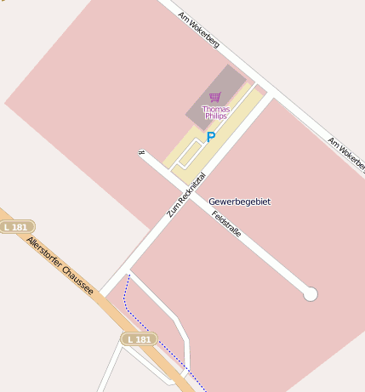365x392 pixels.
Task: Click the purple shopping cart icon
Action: [x=214, y=97]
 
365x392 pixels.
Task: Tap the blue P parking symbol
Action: [x=211, y=137]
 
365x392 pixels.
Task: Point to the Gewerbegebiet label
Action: [x=239, y=202]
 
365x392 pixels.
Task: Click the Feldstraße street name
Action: [x=226, y=222]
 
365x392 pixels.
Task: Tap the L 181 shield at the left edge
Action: [x=15, y=227]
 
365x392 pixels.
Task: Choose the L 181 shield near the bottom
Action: [x=137, y=339]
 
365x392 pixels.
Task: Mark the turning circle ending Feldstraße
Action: [x=311, y=294]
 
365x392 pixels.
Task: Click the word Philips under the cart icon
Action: [x=215, y=116]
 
